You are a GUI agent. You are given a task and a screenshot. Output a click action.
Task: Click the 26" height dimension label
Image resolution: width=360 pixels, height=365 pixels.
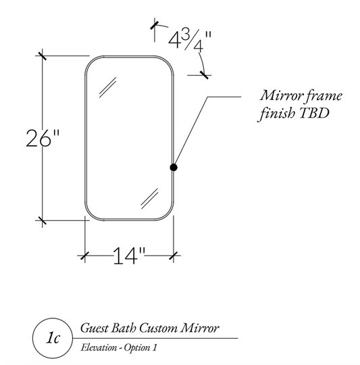point(43,139)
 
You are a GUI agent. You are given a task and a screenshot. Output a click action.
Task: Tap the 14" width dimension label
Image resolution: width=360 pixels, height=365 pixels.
point(129,255)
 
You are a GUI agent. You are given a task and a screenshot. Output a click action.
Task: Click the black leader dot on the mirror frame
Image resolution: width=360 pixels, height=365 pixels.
point(174,167)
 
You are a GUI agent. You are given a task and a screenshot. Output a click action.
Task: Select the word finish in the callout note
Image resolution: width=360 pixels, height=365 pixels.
point(277,114)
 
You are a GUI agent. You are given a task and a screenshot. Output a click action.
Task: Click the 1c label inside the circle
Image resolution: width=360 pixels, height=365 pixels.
point(53,338)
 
